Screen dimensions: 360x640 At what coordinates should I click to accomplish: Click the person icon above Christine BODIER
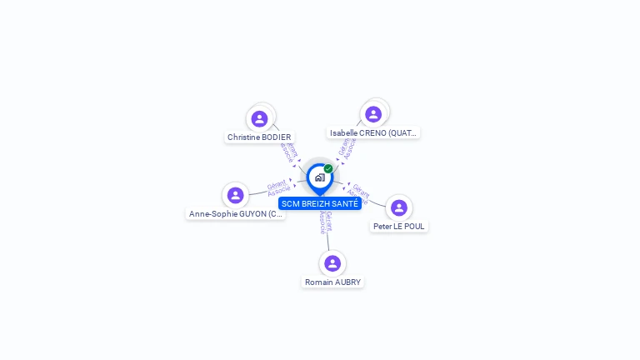coord(259,118)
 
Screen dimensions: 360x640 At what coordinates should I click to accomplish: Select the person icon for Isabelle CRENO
coord(373,113)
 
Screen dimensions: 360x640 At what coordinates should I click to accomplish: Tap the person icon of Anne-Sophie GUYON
coord(235,195)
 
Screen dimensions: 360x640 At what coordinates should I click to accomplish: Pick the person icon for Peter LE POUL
coord(399,207)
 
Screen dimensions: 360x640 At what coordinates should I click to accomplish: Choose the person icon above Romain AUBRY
coord(332,263)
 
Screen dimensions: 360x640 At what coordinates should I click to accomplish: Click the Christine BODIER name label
coord(259,137)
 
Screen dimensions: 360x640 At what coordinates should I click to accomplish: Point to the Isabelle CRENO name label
coord(373,132)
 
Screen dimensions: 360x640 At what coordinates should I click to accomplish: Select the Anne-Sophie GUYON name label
coord(236,214)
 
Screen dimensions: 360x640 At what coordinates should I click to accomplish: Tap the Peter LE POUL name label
coord(399,226)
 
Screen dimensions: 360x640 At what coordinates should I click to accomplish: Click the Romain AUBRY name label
coord(332,282)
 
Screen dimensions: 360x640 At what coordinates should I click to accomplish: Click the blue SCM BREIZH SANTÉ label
coord(320,203)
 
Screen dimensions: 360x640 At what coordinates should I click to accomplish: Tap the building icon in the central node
coord(319,177)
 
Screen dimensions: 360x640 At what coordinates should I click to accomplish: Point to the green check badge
coord(328,168)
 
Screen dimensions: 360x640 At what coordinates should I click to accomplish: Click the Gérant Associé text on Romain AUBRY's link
coord(326,222)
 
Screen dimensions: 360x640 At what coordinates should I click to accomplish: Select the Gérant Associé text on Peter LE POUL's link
coord(359,193)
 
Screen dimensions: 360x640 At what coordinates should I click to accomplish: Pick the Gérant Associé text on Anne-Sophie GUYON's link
coord(278,187)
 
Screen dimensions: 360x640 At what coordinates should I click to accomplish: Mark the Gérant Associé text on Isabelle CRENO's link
coord(347,147)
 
